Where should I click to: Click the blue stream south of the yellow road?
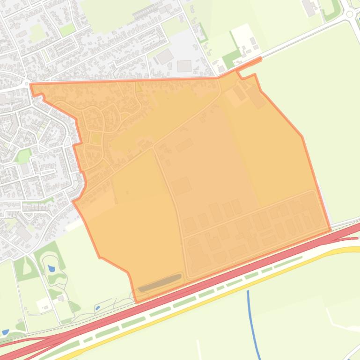[x=253, y=323]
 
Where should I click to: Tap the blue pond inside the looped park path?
[x=51, y=269]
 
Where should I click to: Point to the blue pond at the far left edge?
[x=5, y=332]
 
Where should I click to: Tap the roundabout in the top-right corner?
[x=350, y=14]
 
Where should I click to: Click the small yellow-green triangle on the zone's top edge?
[x=138, y=87]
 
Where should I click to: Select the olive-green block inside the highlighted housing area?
[x=96, y=138]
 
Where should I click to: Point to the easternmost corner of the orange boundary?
[x=331, y=230]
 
